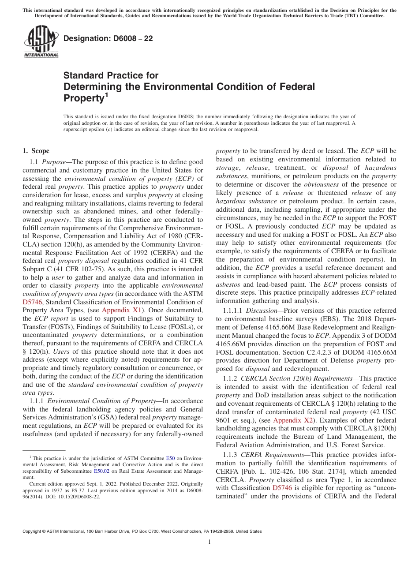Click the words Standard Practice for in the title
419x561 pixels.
[x=111, y=75]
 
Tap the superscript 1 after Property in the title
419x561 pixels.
[x=106, y=94]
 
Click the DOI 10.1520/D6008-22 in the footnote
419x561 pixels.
[x=82, y=496]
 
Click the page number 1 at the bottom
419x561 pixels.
[x=209, y=542]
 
